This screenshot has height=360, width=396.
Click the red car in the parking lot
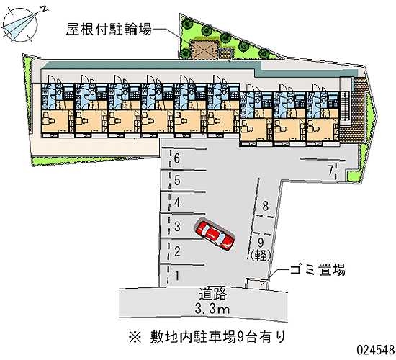point(215,235)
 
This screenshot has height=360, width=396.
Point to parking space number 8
point(265,206)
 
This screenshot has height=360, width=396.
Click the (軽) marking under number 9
point(261,255)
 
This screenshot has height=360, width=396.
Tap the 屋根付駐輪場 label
point(109,29)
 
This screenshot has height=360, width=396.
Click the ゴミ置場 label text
point(318,269)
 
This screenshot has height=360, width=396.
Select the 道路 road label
point(212,294)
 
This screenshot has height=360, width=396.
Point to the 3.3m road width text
point(212,308)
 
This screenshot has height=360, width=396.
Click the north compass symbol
point(22,24)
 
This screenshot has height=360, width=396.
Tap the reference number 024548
point(376,350)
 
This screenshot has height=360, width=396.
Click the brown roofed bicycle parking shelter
point(204,50)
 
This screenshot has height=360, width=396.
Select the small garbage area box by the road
point(256,284)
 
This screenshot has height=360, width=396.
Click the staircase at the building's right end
point(344,106)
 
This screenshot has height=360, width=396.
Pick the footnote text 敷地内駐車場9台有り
point(217,337)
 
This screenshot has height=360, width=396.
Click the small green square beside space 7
point(353,176)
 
